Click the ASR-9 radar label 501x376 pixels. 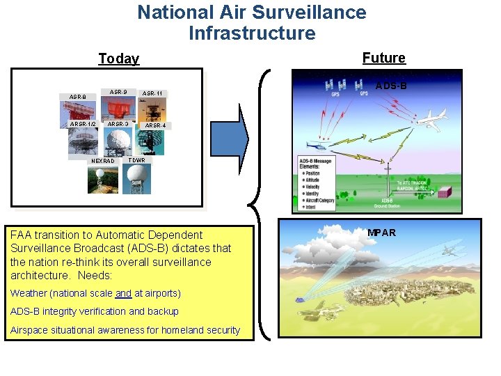(118, 91)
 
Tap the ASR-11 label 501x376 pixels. (152, 93)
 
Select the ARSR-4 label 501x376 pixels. (154, 125)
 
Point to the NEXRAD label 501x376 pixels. (103, 161)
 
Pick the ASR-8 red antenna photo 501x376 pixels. (78, 110)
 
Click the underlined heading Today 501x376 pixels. (118, 58)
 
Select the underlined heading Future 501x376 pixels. (383, 58)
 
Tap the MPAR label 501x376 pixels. (381, 233)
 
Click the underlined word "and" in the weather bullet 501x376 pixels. (123, 293)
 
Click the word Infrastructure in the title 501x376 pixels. (252, 33)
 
